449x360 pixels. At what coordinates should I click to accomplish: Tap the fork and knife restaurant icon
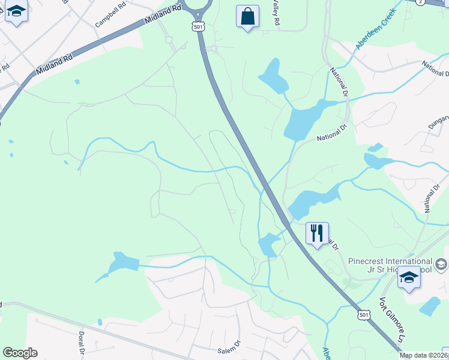317,233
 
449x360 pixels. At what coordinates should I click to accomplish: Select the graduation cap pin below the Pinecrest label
409,278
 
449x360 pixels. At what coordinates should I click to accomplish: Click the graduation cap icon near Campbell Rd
17,12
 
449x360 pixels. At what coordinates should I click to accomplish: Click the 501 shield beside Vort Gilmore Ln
363,314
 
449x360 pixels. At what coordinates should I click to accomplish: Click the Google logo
20,353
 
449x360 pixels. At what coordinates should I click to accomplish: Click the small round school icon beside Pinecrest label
441,264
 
